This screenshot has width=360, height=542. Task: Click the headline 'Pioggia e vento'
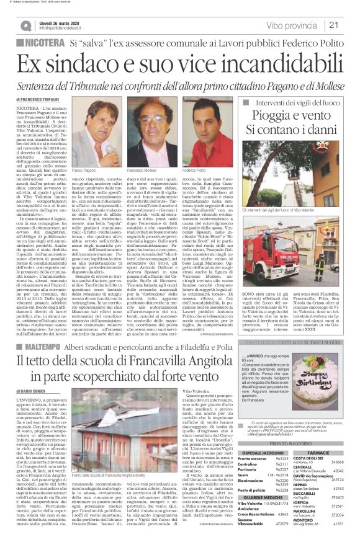(x=286, y=118)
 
